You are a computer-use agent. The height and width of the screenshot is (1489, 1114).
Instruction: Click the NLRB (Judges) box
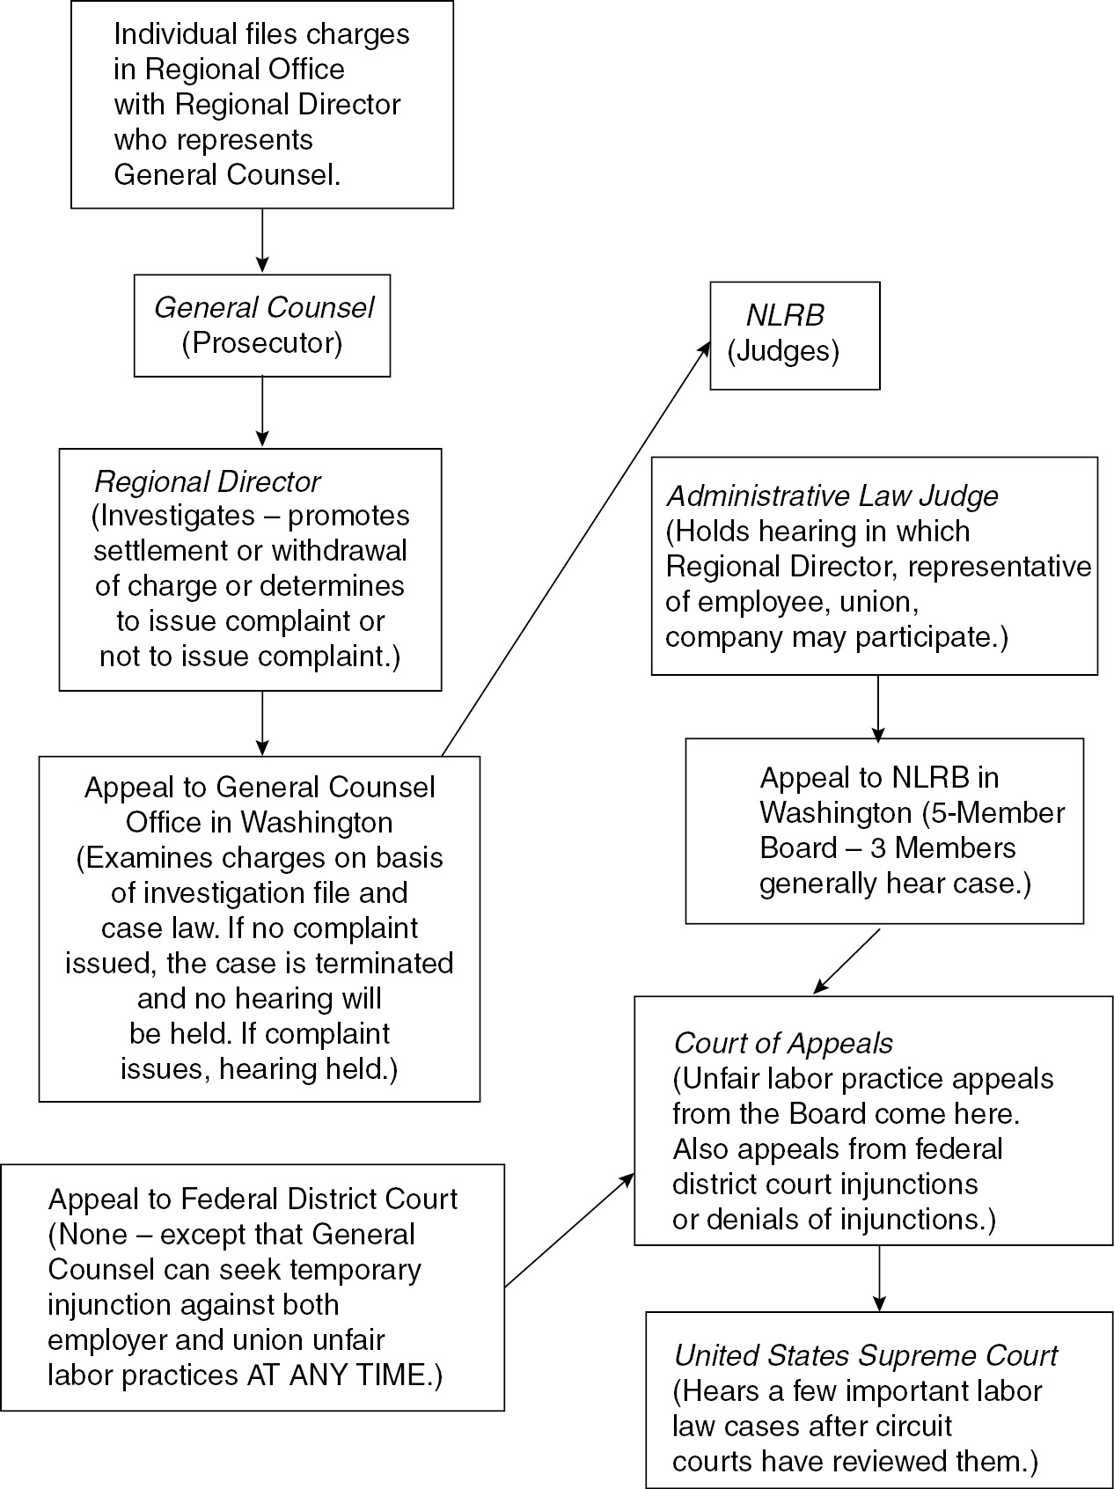[795, 335]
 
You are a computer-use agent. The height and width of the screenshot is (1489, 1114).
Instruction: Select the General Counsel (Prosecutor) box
[262, 326]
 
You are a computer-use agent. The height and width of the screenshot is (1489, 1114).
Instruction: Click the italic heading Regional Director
[208, 482]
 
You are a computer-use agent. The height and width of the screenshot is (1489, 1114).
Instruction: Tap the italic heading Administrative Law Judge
[832, 496]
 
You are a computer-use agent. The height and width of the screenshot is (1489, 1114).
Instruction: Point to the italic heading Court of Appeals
[783, 1043]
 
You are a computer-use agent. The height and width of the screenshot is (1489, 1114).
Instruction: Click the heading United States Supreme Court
[866, 1356]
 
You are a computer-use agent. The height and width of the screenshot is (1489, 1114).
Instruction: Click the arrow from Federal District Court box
[568, 1229]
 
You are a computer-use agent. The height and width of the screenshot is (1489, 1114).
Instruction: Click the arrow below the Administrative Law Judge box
[877, 707]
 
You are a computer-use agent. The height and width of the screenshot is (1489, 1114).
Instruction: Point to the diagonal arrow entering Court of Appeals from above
[846, 961]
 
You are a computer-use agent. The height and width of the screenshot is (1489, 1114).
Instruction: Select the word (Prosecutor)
[262, 343]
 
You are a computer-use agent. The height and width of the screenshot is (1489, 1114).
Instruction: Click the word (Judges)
[783, 352]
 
